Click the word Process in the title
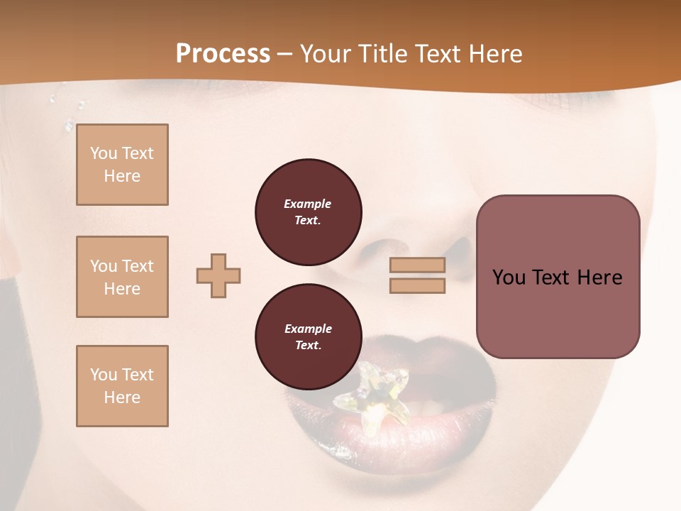coord(223,54)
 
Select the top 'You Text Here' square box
coord(122,165)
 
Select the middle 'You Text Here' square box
coord(122,277)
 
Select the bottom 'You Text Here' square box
coord(122,386)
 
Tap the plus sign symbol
coord(218,275)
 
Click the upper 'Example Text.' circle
coord(308,212)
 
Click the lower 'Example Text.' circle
coord(308,337)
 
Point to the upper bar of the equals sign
coord(417,265)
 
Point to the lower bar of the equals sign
coord(417,286)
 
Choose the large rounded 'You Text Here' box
coord(558,277)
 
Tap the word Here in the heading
coord(495,54)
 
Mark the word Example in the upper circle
coord(308,204)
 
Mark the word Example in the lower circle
coord(308,329)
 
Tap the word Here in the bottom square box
coord(122,397)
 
